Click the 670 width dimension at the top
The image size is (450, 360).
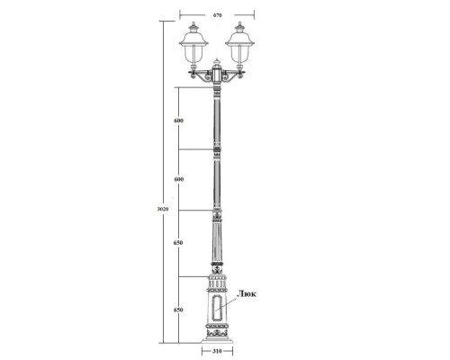217,15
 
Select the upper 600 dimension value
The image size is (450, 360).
179,121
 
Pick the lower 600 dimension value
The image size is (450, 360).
179,180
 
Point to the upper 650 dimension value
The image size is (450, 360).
179,244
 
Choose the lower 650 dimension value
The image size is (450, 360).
179,310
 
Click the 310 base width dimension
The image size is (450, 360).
217,353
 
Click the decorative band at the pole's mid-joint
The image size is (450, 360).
217,149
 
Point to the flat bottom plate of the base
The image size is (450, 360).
217,342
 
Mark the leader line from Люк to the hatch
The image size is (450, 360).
231,300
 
